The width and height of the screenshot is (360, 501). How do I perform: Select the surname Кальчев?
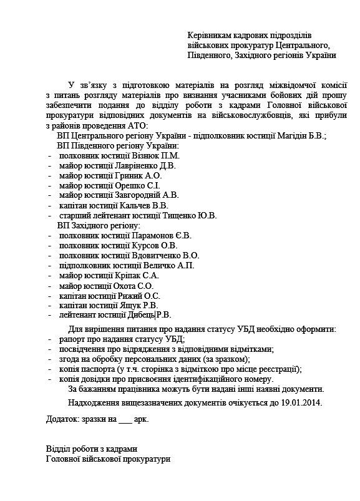point(137,206)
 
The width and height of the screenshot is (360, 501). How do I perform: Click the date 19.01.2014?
point(301,402)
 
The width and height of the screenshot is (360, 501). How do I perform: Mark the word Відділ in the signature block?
point(60,449)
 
